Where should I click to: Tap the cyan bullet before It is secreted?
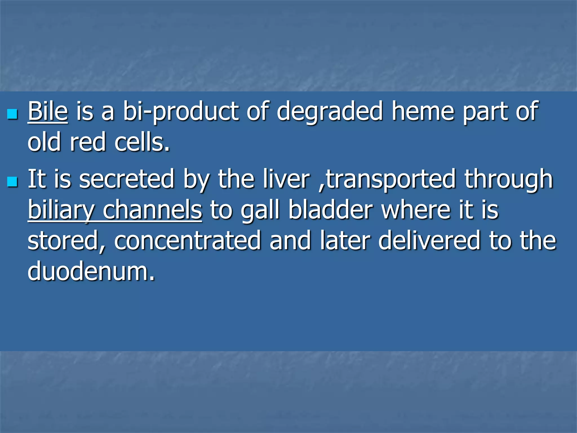(12, 182)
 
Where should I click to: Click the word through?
(509, 180)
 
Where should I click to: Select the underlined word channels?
(152, 210)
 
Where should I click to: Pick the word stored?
(66, 241)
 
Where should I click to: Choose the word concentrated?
(187, 241)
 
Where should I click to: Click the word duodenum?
(91, 271)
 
